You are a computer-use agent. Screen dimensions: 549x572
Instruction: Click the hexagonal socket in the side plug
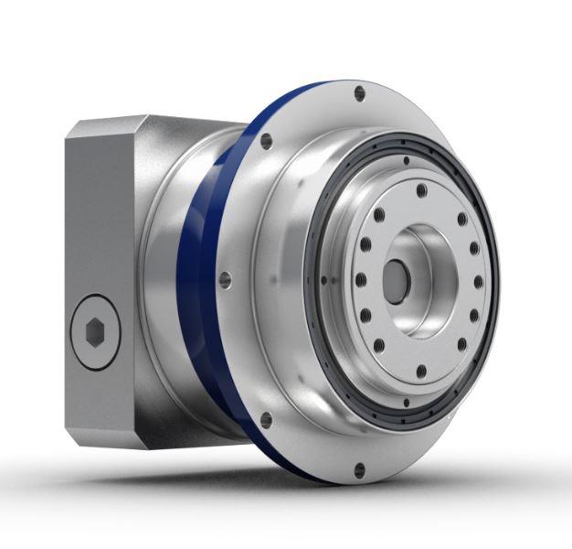94,332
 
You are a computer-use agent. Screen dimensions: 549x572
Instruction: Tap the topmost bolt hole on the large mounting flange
359,91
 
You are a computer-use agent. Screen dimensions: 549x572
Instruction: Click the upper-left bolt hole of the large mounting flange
266,141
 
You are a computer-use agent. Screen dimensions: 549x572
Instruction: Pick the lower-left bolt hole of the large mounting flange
266,420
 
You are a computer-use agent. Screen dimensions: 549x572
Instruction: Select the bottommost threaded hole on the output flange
420,371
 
